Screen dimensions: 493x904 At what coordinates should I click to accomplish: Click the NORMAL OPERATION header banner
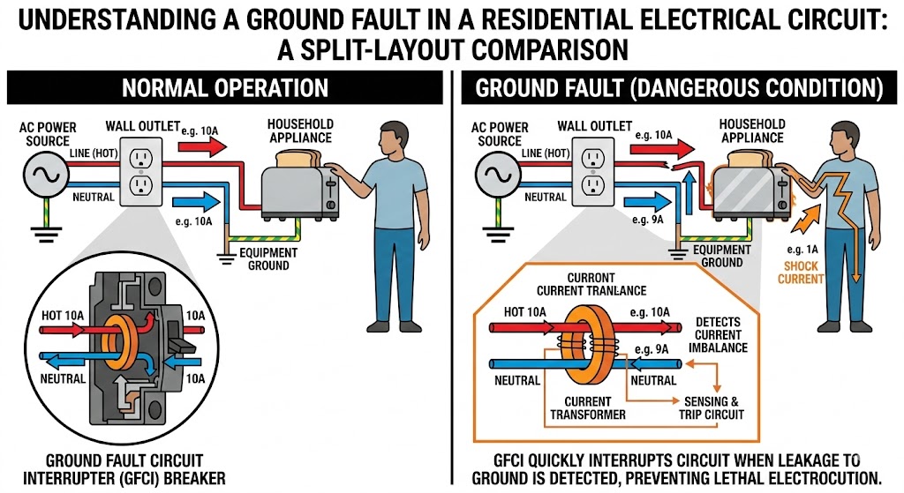pyautogui.click(x=224, y=88)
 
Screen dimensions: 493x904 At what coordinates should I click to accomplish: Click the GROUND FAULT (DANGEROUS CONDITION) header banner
pyautogui.click(x=679, y=88)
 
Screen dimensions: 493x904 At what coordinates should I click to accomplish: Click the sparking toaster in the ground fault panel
pyautogui.click(x=748, y=187)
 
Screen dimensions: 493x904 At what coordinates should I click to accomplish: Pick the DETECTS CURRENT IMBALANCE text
pyautogui.click(x=721, y=335)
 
